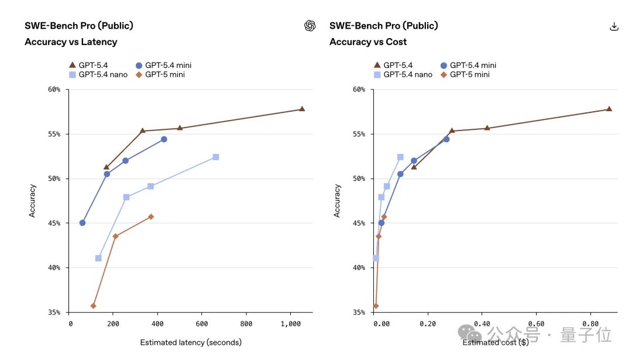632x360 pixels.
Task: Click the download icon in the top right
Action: (614, 26)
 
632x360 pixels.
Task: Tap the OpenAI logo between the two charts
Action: (310, 26)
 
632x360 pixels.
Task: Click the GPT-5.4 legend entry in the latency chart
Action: (88, 65)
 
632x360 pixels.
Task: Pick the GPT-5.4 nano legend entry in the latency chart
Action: (99, 74)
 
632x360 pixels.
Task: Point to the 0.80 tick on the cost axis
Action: (590, 324)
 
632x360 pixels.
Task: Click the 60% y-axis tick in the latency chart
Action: (54, 90)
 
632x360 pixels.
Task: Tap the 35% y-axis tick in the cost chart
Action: (358, 312)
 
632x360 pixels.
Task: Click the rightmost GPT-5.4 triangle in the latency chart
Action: (302, 109)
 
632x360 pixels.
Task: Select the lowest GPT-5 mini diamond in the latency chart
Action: (93, 306)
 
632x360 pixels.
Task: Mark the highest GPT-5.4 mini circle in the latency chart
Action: (164, 139)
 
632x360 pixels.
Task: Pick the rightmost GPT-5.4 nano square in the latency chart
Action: (216, 157)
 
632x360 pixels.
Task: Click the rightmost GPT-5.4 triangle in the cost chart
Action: (609, 109)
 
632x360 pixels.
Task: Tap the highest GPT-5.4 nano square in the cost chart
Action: (400, 157)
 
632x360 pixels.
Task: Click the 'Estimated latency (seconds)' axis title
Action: (191, 342)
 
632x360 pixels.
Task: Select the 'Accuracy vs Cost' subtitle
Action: (367, 42)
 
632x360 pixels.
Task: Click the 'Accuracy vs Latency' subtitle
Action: (71, 42)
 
